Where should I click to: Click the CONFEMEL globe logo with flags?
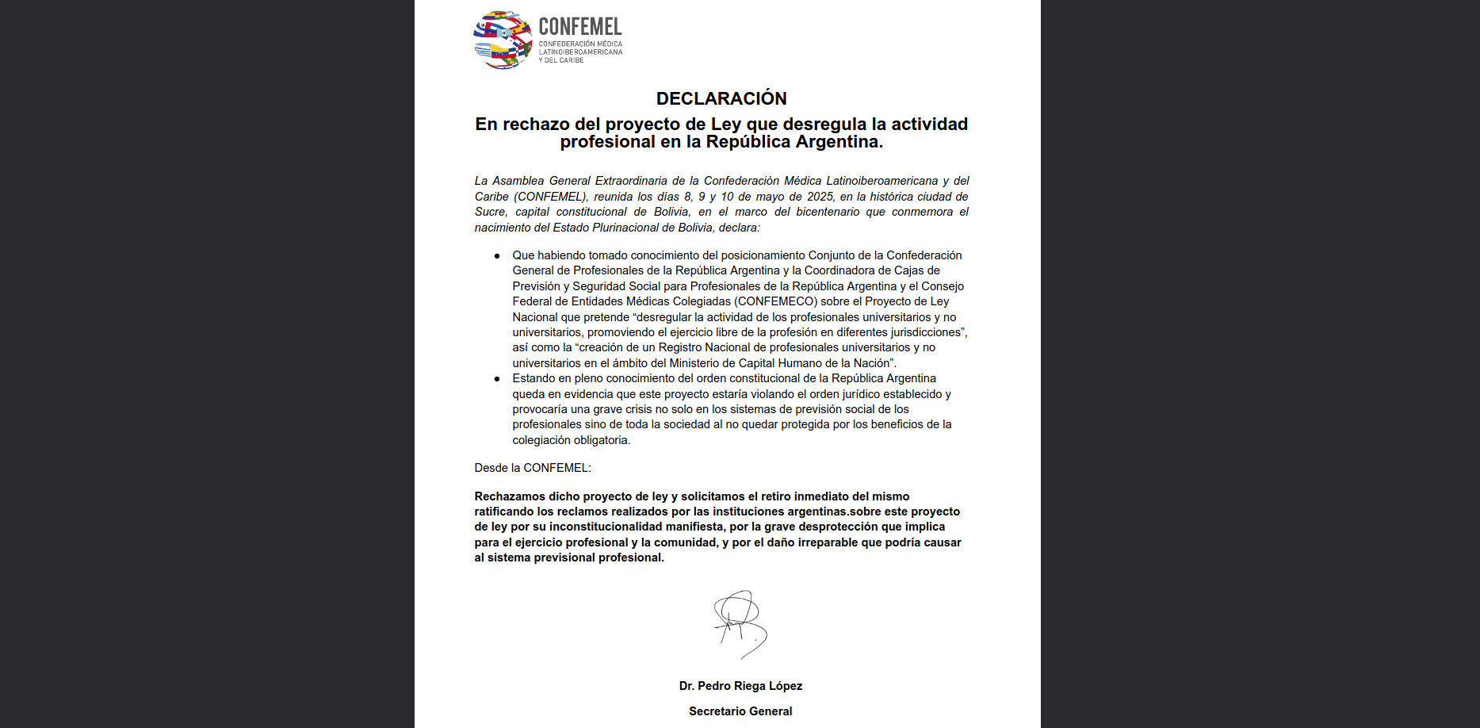point(503,40)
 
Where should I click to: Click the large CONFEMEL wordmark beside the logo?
point(580,27)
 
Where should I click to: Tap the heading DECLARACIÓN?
point(721,98)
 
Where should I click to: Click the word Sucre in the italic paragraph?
point(490,212)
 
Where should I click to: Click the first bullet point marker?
point(497,256)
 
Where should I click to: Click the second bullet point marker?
point(497,379)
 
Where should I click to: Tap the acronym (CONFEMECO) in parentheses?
point(775,301)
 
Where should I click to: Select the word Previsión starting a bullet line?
point(536,286)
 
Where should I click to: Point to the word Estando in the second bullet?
point(533,378)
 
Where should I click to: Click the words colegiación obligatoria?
point(570,440)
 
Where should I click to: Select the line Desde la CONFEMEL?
point(533,468)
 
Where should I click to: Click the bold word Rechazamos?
point(510,496)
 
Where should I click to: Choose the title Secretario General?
point(740,711)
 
